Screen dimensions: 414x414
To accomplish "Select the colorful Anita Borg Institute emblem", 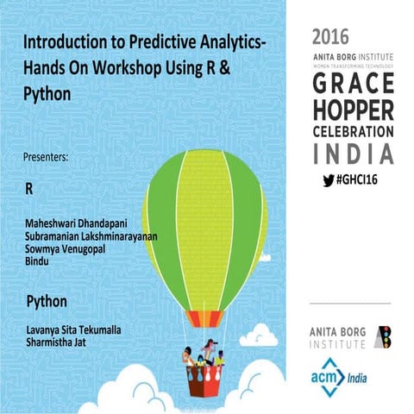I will (x=386, y=337).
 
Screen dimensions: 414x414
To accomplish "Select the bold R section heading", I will (x=30, y=187).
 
